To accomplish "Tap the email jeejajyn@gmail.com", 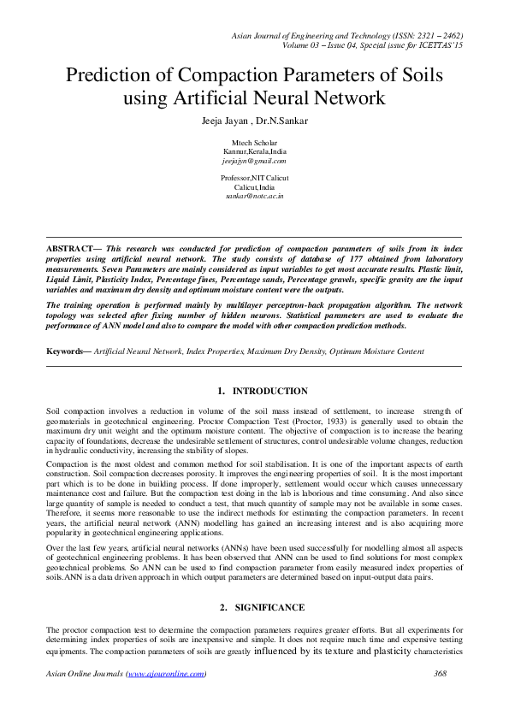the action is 254,160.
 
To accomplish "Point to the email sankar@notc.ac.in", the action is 255,196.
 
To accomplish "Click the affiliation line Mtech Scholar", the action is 254,142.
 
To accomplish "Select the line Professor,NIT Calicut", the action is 254,178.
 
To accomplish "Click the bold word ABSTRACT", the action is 70,247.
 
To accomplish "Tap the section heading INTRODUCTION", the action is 270,391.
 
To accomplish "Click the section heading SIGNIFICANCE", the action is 270,583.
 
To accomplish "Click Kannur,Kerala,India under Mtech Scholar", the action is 254,151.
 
